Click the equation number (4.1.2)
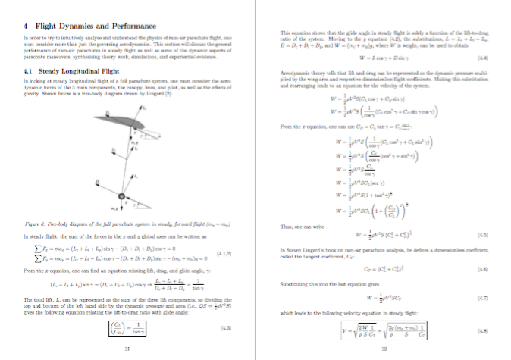click(242, 253)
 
